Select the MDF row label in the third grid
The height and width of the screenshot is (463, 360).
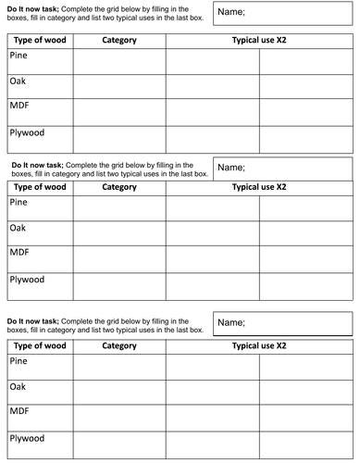[19, 410]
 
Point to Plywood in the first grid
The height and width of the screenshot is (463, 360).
[27, 132]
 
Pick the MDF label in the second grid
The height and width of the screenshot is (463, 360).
[19, 252]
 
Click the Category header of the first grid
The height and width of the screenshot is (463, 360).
[119, 40]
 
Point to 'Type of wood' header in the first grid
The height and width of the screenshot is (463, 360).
[39, 40]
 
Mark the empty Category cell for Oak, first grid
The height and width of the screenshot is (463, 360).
[119, 86]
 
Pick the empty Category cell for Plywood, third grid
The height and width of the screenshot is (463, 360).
[119, 444]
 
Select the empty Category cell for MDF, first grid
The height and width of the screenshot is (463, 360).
[119, 112]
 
